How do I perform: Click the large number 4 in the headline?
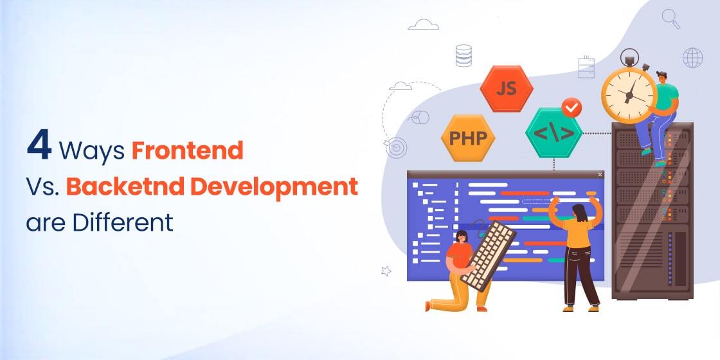click(x=39, y=147)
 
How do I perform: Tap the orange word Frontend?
click(x=188, y=150)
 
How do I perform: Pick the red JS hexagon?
click(x=507, y=89)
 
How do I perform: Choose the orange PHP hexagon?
click(x=467, y=138)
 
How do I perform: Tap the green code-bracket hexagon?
click(x=553, y=134)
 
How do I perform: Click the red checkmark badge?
click(x=571, y=107)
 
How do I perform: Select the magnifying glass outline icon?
click(x=671, y=18)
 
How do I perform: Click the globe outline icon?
click(x=692, y=58)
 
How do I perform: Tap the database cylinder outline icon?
click(x=464, y=55)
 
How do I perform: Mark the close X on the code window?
click(x=600, y=174)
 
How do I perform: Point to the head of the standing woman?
click(x=577, y=212)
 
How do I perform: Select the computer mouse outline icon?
click(x=419, y=117)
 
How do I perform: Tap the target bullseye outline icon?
click(x=397, y=148)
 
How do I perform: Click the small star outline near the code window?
click(x=386, y=271)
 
